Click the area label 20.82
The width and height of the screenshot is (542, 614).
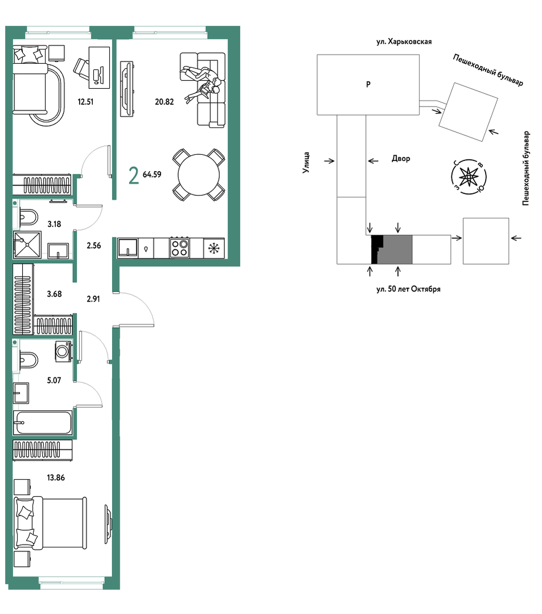coord(164,102)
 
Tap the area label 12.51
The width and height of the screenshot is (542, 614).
coord(85,102)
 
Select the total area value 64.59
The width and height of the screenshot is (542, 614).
coord(152,174)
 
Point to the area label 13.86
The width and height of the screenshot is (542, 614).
coord(56,478)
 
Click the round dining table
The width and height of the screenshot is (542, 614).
coord(199,175)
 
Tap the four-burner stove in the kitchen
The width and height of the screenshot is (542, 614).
coord(179,248)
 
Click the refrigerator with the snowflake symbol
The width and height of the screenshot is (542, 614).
coord(214,248)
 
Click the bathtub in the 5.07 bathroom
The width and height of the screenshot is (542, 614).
coord(43,423)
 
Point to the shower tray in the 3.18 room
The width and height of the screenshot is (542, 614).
coord(27,244)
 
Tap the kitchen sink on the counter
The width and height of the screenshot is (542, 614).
coord(128,248)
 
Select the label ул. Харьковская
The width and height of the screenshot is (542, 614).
coord(404,42)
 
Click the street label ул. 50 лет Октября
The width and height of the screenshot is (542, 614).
coord(408,290)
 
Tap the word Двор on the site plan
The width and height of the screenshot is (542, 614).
coord(401,159)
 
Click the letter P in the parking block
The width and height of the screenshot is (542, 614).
coord(368,84)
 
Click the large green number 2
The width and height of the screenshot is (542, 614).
coord(134,175)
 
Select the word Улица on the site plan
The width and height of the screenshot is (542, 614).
coord(306,163)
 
